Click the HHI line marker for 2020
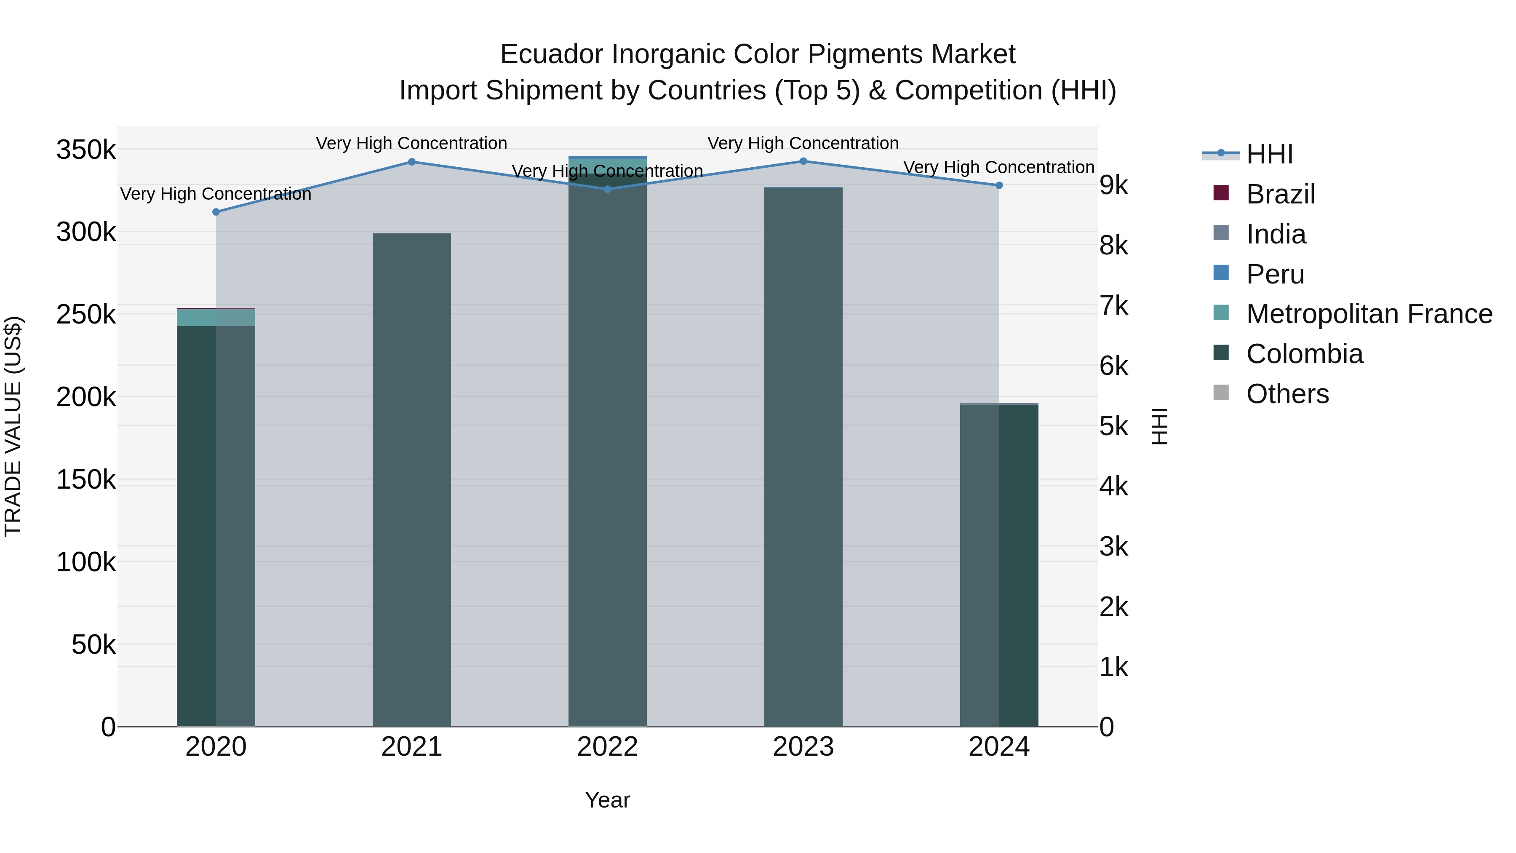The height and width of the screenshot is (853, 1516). tap(216, 212)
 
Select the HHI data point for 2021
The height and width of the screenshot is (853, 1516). tap(412, 162)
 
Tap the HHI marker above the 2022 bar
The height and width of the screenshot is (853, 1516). tap(607, 189)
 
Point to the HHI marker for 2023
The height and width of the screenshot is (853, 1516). tap(803, 161)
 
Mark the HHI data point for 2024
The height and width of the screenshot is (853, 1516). tap(999, 185)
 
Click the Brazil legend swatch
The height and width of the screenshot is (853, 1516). tap(1221, 193)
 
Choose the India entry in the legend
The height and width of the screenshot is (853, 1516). tap(1276, 234)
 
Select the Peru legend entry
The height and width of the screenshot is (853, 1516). tap(1275, 274)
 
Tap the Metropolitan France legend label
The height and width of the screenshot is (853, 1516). tap(1369, 314)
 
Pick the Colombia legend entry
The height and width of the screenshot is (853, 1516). tap(1304, 354)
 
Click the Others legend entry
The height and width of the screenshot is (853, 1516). tap(1287, 394)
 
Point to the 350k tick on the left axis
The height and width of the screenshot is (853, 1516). tap(86, 150)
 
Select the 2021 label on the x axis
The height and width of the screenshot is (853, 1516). tap(412, 747)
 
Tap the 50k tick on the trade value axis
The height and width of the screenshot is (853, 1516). tap(93, 645)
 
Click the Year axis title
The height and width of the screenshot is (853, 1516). tap(607, 800)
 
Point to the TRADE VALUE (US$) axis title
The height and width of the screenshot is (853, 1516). tap(13, 426)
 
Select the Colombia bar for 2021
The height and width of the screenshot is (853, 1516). tap(412, 480)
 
